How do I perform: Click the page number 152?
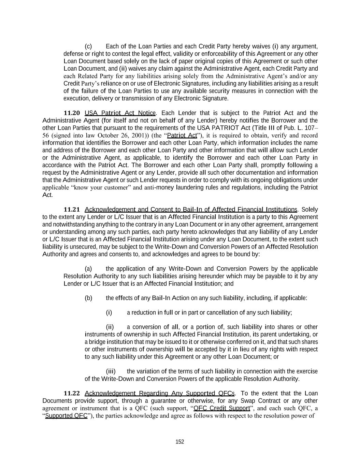click(x=180, y=442)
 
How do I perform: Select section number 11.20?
click(x=72, y=113)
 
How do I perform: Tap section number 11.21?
click(x=72, y=209)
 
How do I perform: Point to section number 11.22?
click(x=72, y=393)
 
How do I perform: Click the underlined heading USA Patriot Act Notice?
click(x=120, y=113)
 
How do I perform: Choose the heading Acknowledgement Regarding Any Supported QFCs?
click(x=159, y=393)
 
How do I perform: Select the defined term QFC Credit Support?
click(x=222, y=408)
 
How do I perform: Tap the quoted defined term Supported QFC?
click(x=66, y=416)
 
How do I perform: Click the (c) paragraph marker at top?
click(x=88, y=46)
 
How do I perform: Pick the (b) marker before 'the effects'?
click(x=88, y=298)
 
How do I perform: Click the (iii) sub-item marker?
click(x=111, y=371)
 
